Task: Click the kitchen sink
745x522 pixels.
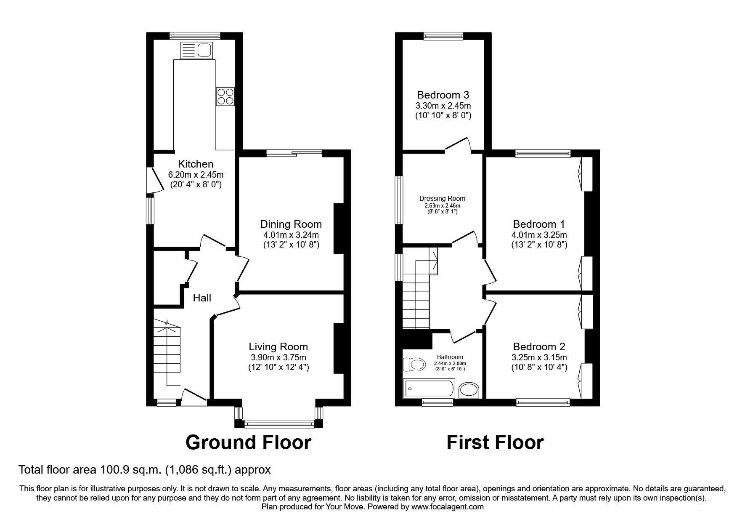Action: click(196, 51)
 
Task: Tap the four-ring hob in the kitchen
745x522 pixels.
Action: click(225, 96)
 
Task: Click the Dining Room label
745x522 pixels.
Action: click(291, 224)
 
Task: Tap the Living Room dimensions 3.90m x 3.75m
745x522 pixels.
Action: click(278, 357)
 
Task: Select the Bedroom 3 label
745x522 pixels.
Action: click(443, 95)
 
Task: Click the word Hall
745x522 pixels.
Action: click(202, 298)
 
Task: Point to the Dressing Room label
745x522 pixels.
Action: click(443, 199)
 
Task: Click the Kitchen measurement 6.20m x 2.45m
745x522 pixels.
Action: click(196, 174)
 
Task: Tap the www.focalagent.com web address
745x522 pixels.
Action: click(448, 507)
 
